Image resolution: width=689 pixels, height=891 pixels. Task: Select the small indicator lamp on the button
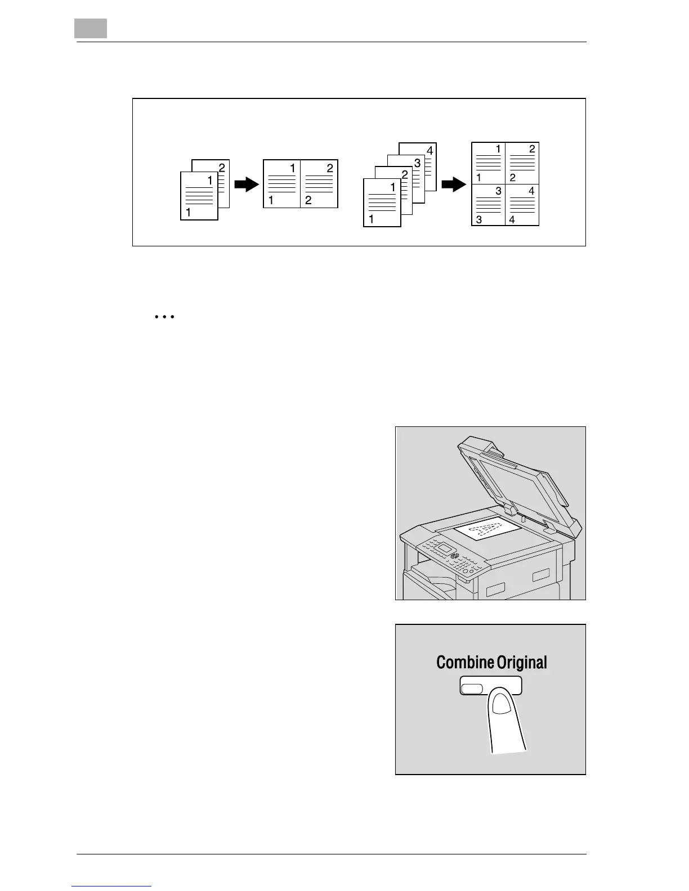pyautogui.click(x=472, y=688)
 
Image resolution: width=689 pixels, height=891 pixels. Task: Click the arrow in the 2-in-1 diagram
pyautogui.click(x=246, y=184)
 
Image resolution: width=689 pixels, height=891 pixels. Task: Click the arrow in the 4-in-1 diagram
pyautogui.click(x=454, y=184)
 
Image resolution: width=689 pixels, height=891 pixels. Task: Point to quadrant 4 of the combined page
pyautogui.click(x=522, y=205)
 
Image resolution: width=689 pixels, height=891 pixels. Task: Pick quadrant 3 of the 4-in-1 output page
pyautogui.click(x=488, y=205)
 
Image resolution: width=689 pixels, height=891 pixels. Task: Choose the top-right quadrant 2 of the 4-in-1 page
pyautogui.click(x=522, y=163)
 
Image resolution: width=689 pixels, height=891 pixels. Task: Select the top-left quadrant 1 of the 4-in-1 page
pyautogui.click(x=488, y=163)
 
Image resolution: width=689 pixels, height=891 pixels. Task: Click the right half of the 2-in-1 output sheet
pyautogui.click(x=319, y=184)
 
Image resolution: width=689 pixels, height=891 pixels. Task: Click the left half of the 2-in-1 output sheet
pyautogui.click(x=282, y=184)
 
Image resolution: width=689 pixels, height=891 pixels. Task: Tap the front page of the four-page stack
pyautogui.click(x=382, y=202)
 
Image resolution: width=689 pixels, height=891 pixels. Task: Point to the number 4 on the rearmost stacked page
pyautogui.click(x=429, y=151)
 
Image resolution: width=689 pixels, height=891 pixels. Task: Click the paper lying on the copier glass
pyautogui.click(x=485, y=529)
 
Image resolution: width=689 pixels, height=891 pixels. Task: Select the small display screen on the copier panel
pyautogui.click(x=447, y=547)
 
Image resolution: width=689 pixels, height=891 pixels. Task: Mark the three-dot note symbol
pyautogui.click(x=164, y=317)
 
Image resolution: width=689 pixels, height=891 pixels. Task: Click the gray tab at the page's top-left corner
pyautogui.click(x=91, y=29)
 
